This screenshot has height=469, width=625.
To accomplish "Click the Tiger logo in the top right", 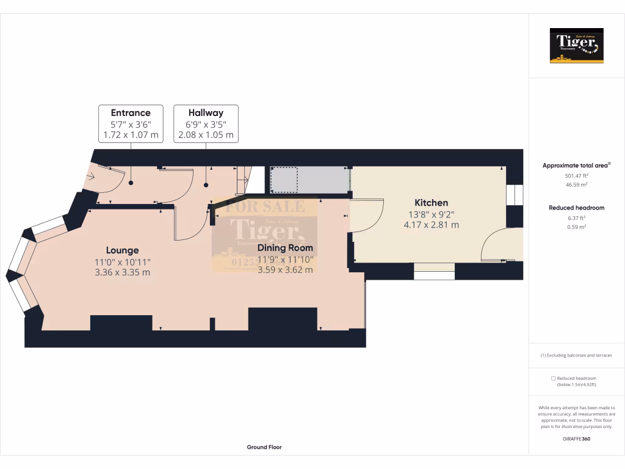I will tap(577, 46).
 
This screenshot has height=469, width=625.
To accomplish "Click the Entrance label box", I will tap(131, 123).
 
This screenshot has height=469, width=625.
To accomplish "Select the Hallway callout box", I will tap(206, 123).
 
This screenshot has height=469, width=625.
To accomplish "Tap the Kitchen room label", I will tap(431, 203).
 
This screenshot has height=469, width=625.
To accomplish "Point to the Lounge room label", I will tap(122, 250).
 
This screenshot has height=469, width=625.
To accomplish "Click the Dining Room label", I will tap(285, 248).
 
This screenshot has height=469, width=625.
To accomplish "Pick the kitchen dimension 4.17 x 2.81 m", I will tap(431, 225).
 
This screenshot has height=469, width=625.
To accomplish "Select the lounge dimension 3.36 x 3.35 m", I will tap(122, 272).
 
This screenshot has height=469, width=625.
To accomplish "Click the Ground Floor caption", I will tap(264, 447).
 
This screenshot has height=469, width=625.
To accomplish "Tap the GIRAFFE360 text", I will tap(577, 438).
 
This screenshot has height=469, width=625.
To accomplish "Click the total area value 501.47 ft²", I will tap(577, 175).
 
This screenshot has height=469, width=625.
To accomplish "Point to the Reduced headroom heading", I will tap(577, 208).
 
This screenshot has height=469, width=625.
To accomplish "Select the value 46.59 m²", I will tap(577, 184).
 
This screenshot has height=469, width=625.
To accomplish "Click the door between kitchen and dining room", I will tap(365, 216).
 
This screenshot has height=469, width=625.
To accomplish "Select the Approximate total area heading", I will tap(576, 165).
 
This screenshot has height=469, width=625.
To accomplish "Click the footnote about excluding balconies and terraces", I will tap(576, 355).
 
